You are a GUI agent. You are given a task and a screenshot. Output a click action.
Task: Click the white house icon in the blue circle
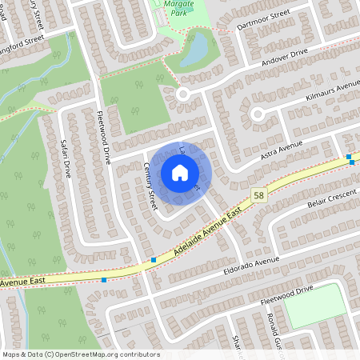coord(180,173)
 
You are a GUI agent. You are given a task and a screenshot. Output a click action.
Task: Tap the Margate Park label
coord(178,10)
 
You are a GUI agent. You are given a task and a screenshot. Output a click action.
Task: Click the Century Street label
coord(150,186)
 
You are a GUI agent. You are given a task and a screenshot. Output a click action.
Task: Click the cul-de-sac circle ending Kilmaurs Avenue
coord(258,114)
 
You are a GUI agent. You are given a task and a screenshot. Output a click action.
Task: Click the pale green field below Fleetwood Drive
coord(315,304)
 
